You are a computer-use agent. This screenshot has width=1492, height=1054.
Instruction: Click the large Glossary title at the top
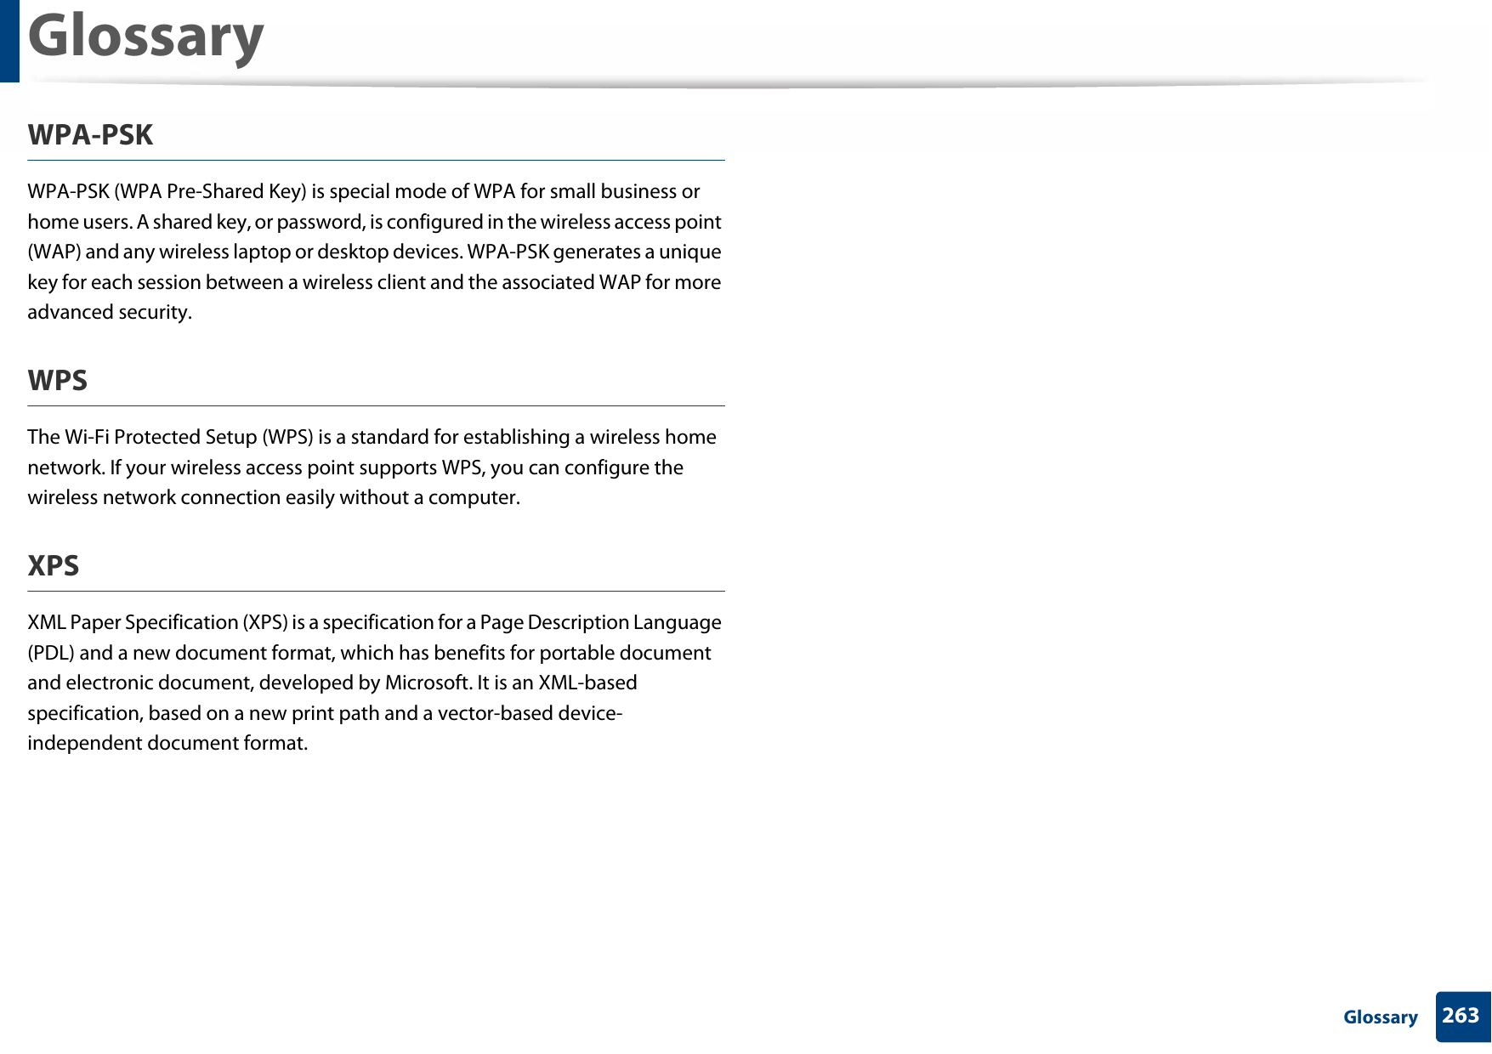point(145,37)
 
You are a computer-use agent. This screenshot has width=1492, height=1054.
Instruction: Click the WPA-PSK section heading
point(90,135)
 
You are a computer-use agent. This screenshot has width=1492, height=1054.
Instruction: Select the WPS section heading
point(57,381)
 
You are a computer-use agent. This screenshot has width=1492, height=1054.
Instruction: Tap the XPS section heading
point(53,566)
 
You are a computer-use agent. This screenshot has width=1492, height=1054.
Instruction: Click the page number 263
point(1461,1016)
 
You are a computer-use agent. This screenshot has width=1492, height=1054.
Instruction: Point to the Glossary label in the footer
point(1380,1017)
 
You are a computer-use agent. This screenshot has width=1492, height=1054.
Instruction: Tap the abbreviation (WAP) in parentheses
point(54,252)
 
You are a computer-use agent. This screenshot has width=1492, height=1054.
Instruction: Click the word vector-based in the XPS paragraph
point(496,713)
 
